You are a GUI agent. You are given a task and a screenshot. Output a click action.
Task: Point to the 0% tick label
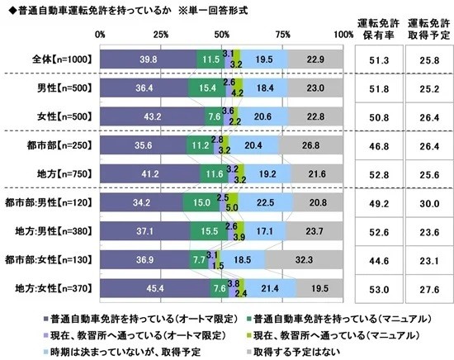(x=101, y=34)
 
